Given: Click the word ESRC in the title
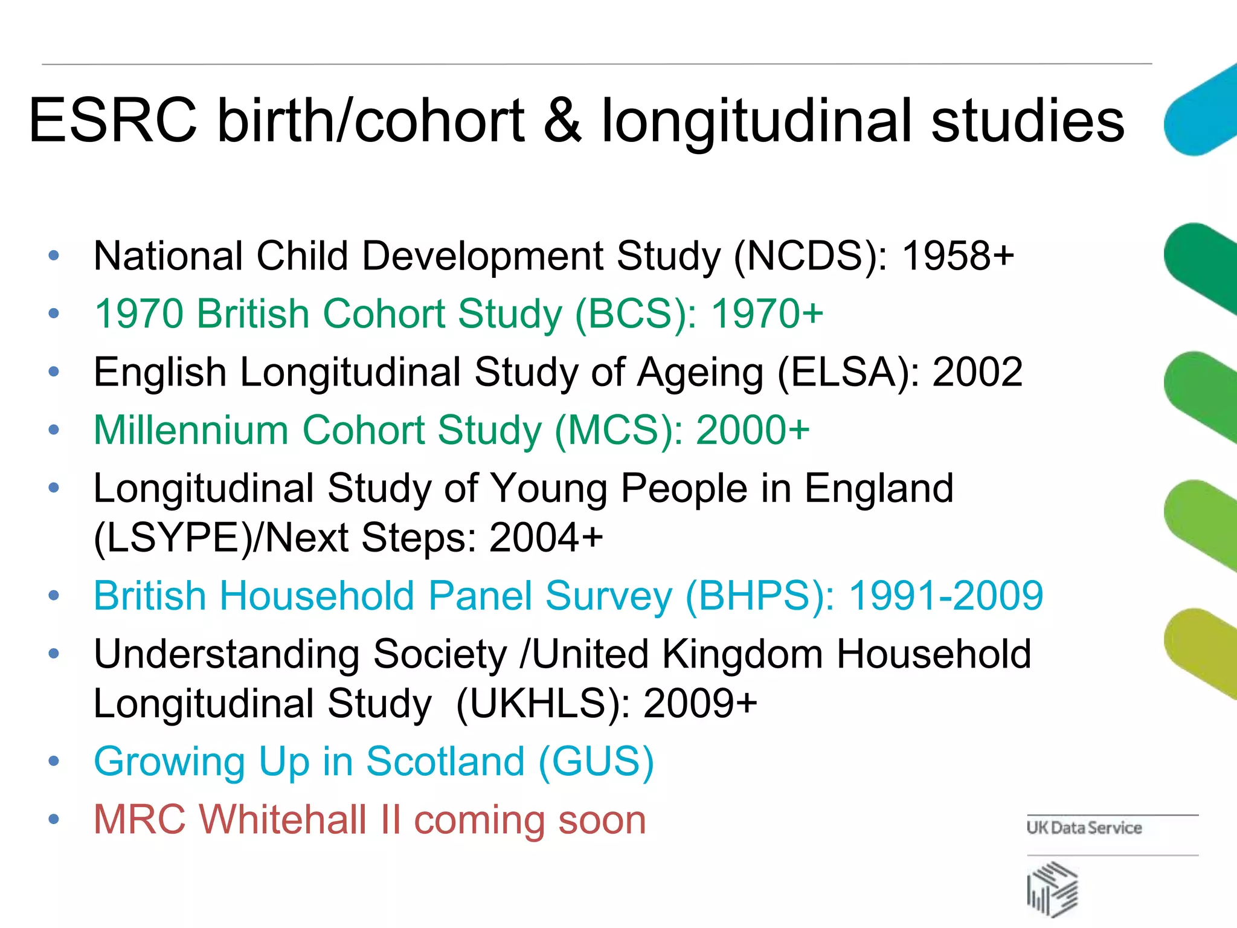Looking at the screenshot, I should click(113, 121).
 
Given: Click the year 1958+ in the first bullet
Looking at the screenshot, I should click(958, 256).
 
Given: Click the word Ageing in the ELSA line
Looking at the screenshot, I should click(701, 372).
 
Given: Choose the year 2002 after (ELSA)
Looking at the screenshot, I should click(977, 372).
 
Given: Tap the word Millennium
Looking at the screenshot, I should click(191, 430).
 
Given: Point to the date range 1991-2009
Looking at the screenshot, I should click(946, 596).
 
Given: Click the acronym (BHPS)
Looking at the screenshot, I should click(760, 596).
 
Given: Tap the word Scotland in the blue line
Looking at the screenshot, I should click(445, 761).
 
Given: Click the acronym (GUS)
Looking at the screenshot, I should click(596, 761).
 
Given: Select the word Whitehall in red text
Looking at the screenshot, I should click(283, 820).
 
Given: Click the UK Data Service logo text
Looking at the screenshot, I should click(1084, 828).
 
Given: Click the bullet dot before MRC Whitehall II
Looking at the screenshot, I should click(54, 820).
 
